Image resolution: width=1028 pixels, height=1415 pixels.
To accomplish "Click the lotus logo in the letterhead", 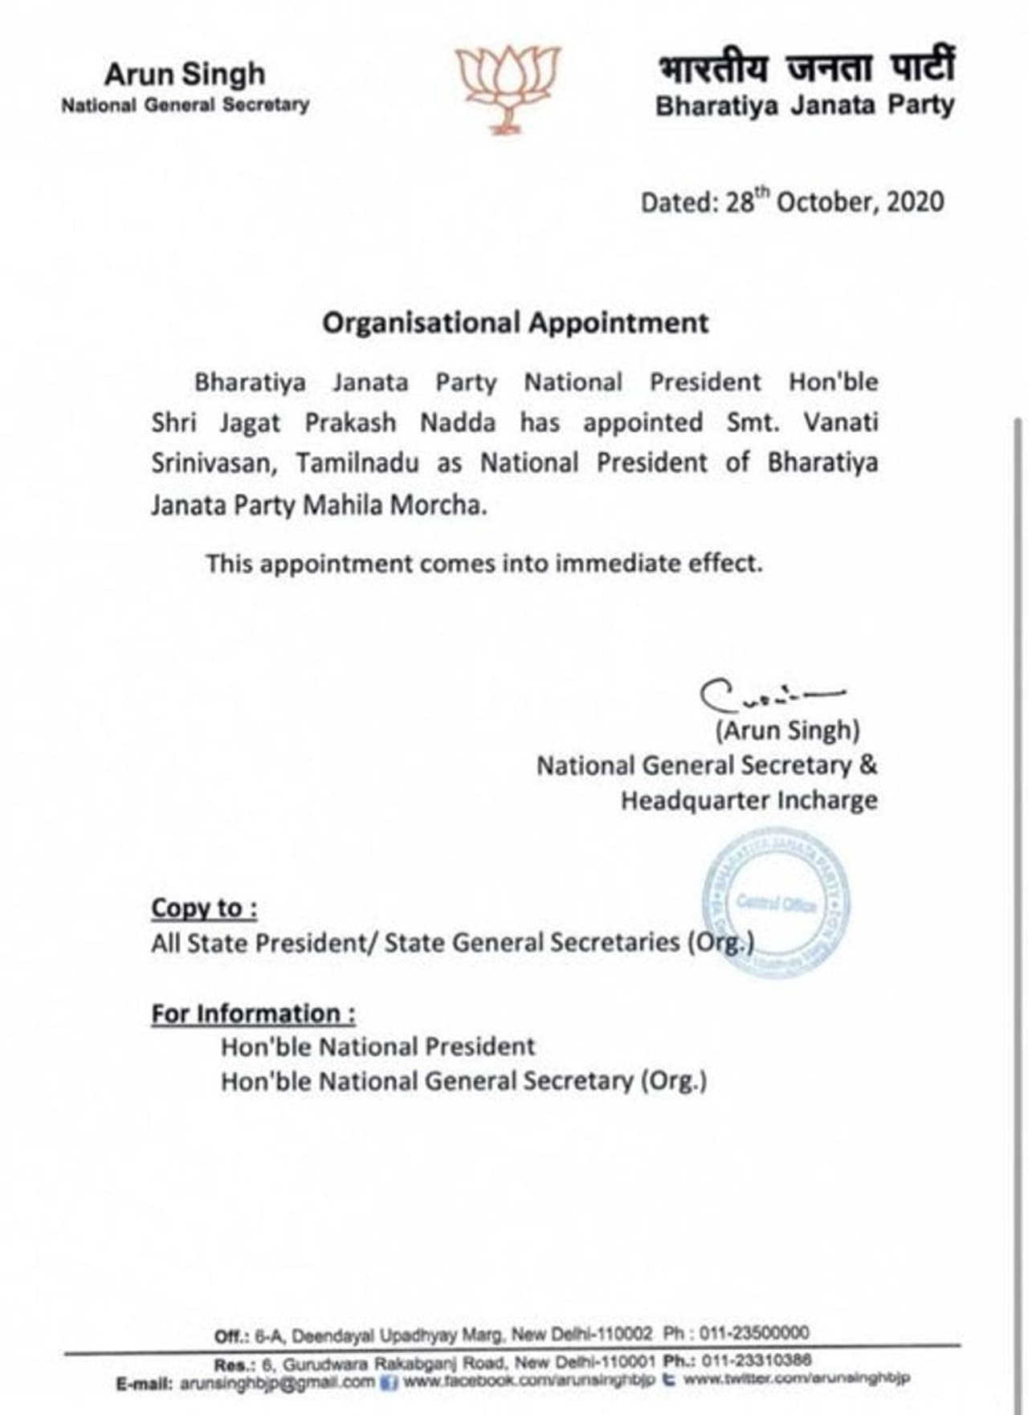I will (508, 87).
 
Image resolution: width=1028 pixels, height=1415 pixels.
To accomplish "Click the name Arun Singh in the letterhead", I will (184, 74).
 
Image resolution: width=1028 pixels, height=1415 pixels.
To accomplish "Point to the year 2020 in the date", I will (915, 202).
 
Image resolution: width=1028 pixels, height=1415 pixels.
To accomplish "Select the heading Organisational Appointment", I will (515, 323).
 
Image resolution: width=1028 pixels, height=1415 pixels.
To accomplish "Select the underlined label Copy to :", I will (204, 908).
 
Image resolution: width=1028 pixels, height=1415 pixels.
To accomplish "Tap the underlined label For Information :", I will (253, 1013).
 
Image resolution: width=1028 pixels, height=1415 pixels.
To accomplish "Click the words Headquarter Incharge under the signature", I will (749, 801).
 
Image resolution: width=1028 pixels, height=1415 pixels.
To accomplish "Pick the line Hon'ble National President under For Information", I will (377, 1046).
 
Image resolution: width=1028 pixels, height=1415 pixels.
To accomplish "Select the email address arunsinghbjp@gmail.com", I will (277, 1382).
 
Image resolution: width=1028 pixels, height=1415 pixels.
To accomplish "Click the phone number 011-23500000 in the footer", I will (754, 1333).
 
